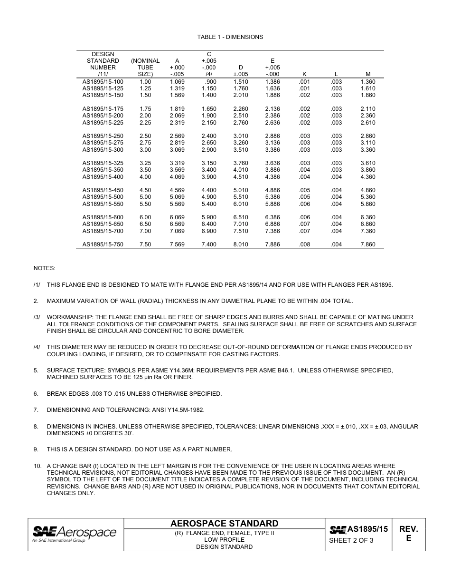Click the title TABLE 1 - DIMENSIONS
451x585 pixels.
pos(230,37)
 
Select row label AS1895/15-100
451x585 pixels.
pos(103,82)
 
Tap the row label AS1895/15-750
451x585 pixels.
pos(103,244)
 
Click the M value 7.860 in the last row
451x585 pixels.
pos(367,244)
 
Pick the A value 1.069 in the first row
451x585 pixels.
pos(177,82)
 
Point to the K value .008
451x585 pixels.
pos(304,244)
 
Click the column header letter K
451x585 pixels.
pos(304,74)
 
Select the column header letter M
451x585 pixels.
pos(368,74)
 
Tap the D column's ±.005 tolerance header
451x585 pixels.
pos(241,74)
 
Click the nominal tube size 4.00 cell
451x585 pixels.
pos(145,177)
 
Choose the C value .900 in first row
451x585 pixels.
pos(210,82)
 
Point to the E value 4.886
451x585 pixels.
pos(272,190)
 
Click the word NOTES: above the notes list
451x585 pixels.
pos(44,268)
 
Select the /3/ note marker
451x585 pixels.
pos(37,317)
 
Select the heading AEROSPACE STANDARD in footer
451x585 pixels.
pos(224,524)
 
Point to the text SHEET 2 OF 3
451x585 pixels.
pos(351,541)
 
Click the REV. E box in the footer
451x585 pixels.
pos(408,534)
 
